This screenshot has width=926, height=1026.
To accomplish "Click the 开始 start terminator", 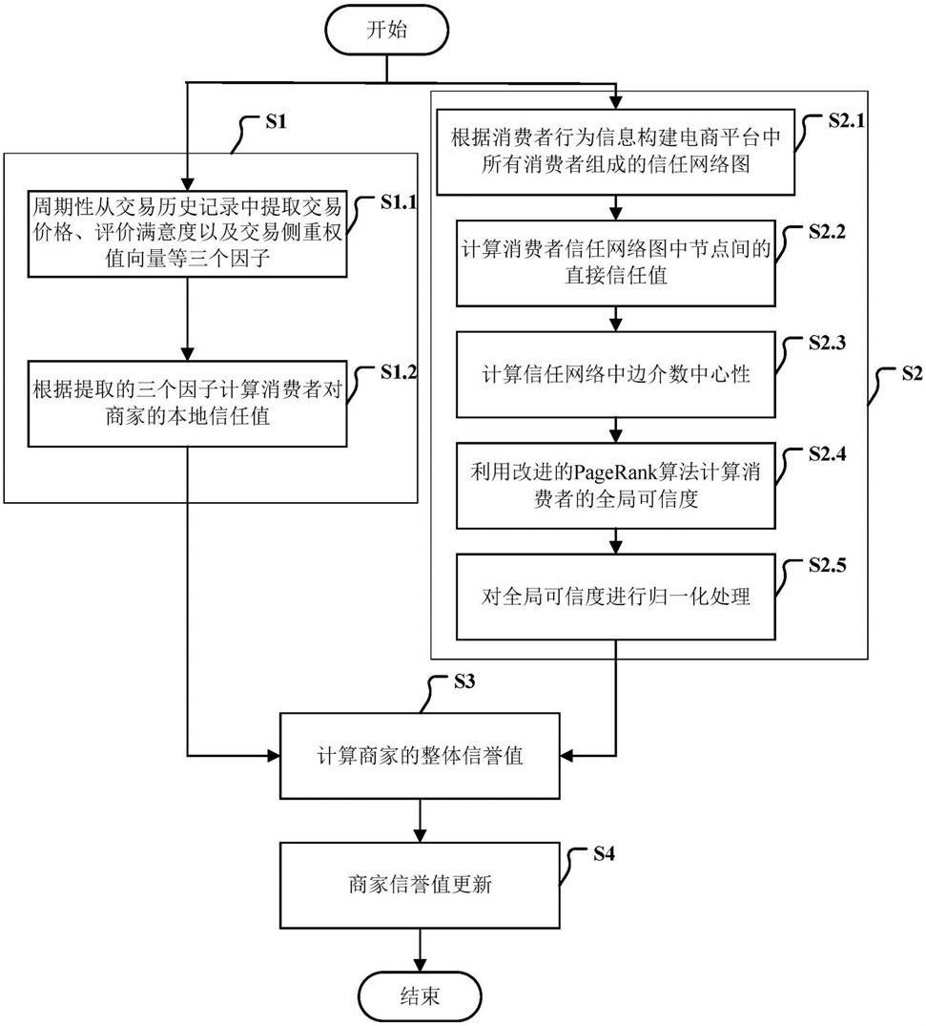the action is pyautogui.click(x=387, y=31).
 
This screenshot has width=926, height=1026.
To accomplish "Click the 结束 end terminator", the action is pyautogui.click(x=420, y=996).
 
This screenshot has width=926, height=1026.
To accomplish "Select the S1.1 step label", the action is pyautogui.click(x=399, y=202).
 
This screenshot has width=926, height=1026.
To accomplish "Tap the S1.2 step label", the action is pyautogui.click(x=399, y=372).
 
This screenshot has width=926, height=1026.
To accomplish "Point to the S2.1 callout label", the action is pyautogui.click(x=846, y=120).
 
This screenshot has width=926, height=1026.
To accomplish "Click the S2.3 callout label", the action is pyautogui.click(x=827, y=343).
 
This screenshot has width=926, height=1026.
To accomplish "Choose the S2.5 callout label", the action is pyautogui.click(x=827, y=565).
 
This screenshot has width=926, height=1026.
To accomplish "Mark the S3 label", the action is pyautogui.click(x=465, y=681).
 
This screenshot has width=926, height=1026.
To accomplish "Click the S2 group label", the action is pyautogui.click(x=912, y=373).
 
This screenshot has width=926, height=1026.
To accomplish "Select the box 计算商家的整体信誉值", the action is pyautogui.click(x=420, y=756).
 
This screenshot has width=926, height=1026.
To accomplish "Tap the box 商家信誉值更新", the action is pyautogui.click(x=420, y=885).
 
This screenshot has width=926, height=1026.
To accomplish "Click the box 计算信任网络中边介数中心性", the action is pyautogui.click(x=616, y=374).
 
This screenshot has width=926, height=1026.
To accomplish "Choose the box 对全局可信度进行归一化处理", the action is pyautogui.click(x=616, y=597).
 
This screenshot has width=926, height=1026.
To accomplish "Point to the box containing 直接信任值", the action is pyautogui.click(x=616, y=263).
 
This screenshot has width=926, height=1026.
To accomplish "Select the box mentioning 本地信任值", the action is pyautogui.click(x=187, y=404).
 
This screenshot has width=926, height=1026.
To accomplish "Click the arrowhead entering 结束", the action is pyautogui.click(x=420, y=965).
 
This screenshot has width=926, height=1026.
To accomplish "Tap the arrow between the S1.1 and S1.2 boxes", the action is pyautogui.click(x=187, y=319).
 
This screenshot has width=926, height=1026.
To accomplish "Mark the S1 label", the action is pyautogui.click(x=276, y=122).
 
